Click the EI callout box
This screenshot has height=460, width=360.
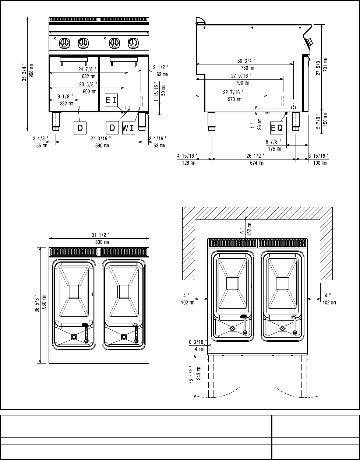(x=111, y=100)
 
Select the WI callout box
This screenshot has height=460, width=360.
(x=128, y=128)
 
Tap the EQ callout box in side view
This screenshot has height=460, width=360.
(x=277, y=128)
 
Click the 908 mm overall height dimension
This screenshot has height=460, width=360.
(x=31, y=71)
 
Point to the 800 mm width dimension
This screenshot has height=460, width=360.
(x=102, y=242)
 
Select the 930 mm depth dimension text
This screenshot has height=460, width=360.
(x=44, y=302)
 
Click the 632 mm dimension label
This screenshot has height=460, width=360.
(x=89, y=76)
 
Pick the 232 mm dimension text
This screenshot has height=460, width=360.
(x=66, y=103)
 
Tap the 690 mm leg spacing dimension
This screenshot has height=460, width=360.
(x=102, y=145)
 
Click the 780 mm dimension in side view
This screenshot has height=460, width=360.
(x=247, y=68)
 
